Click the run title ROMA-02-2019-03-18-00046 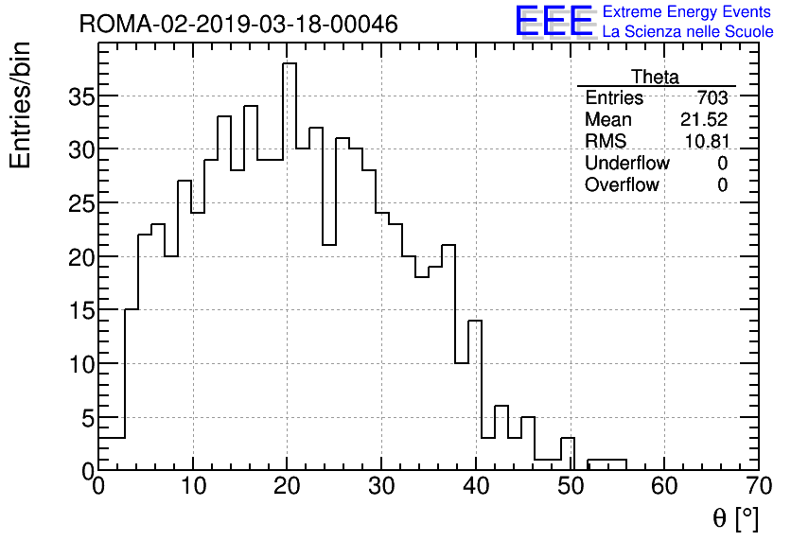(x=238, y=24)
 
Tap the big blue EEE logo (x=554, y=21)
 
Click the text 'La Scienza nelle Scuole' (x=688, y=32)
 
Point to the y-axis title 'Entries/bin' (x=21, y=105)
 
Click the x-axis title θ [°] (x=735, y=518)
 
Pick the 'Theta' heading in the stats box (x=655, y=77)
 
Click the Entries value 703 (x=712, y=98)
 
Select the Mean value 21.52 (x=703, y=120)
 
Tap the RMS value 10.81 (x=705, y=142)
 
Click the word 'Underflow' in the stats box (x=626, y=164)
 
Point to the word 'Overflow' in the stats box (x=622, y=185)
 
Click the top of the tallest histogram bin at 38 (x=290, y=64)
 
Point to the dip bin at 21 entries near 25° (x=329, y=246)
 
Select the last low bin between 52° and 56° (x=606, y=460)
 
